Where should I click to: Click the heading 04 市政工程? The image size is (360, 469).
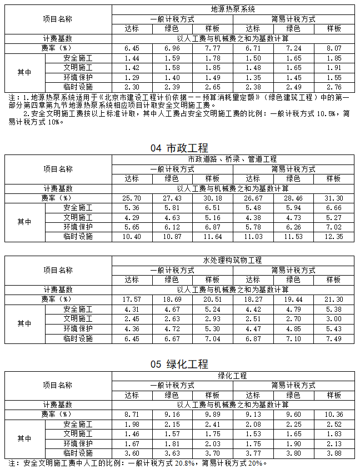coord(179,148)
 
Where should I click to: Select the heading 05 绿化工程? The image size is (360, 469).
coord(179,365)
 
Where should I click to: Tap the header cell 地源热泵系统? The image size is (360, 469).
coord(233,9)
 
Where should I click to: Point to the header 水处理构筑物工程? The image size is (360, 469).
coord(233,260)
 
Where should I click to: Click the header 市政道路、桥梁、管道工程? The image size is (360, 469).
coord(233,159)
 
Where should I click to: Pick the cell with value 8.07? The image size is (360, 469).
coord(334,48)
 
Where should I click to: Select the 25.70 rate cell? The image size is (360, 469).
coord(131,198)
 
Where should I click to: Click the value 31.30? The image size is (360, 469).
coord(334,198)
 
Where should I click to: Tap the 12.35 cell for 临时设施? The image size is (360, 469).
coord(334,237)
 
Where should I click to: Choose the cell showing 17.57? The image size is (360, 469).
coord(131,299)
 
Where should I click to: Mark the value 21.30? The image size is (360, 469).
coord(334,299)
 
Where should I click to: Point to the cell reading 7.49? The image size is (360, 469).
coord(334,338)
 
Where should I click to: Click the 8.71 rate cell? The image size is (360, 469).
coord(131,415)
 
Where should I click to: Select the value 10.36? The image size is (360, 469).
coord(334,415)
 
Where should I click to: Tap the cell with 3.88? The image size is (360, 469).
coord(334,453)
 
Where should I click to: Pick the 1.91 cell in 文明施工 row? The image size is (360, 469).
coord(334,68)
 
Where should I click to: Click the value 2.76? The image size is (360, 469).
coord(334,87)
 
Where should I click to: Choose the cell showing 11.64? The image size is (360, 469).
coord(212,237)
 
